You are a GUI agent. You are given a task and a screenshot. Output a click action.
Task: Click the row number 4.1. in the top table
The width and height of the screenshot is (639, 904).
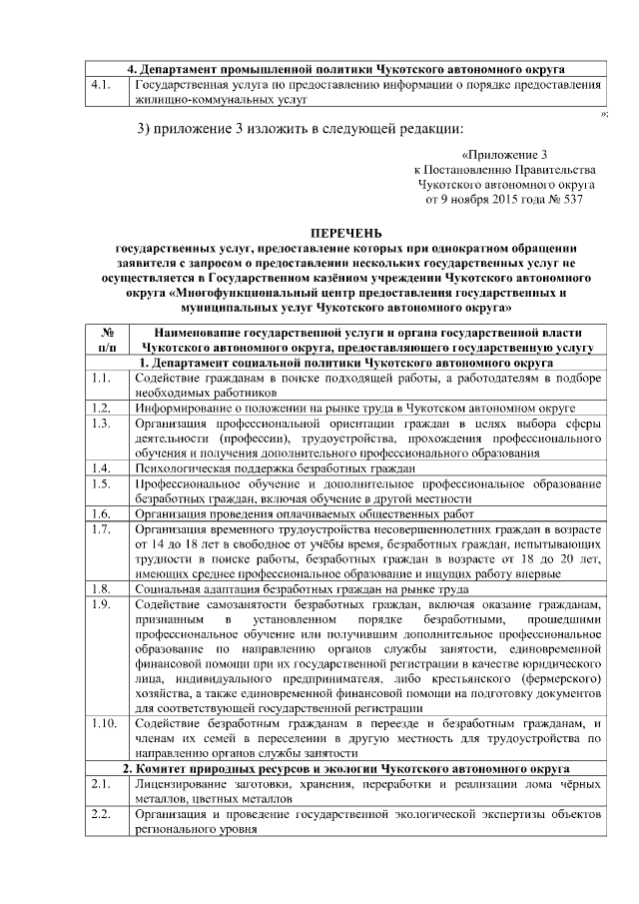click(x=99, y=87)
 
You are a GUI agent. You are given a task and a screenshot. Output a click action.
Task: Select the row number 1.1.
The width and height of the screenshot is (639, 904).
click(x=99, y=380)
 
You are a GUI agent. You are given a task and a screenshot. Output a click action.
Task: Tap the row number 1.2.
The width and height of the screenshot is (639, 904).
click(x=99, y=409)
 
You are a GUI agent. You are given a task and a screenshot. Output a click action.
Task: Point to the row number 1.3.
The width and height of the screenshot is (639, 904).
click(x=99, y=424)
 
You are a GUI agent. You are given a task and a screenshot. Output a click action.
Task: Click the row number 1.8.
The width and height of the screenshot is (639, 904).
click(x=99, y=589)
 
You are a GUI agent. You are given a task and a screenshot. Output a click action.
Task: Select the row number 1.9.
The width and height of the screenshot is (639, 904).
click(x=99, y=604)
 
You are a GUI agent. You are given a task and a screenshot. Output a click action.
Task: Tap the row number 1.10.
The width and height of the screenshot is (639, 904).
click(x=102, y=722)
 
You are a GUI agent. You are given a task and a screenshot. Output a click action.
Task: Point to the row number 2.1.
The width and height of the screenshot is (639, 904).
click(x=99, y=786)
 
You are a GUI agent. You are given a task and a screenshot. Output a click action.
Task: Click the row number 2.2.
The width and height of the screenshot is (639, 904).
click(x=99, y=815)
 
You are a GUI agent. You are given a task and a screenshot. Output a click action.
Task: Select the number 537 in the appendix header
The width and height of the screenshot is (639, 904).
click(x=584, y=200)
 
